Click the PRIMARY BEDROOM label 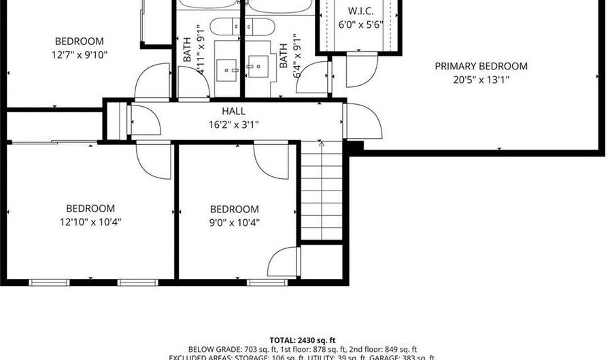(481, 66)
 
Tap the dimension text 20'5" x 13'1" (481, 80)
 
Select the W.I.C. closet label (361, 11)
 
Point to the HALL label (233, 111)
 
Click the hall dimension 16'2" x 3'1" (233, 124)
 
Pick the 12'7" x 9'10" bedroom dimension (80, 54)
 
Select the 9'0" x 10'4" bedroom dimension (234, 222)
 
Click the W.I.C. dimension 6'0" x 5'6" (361, 24)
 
